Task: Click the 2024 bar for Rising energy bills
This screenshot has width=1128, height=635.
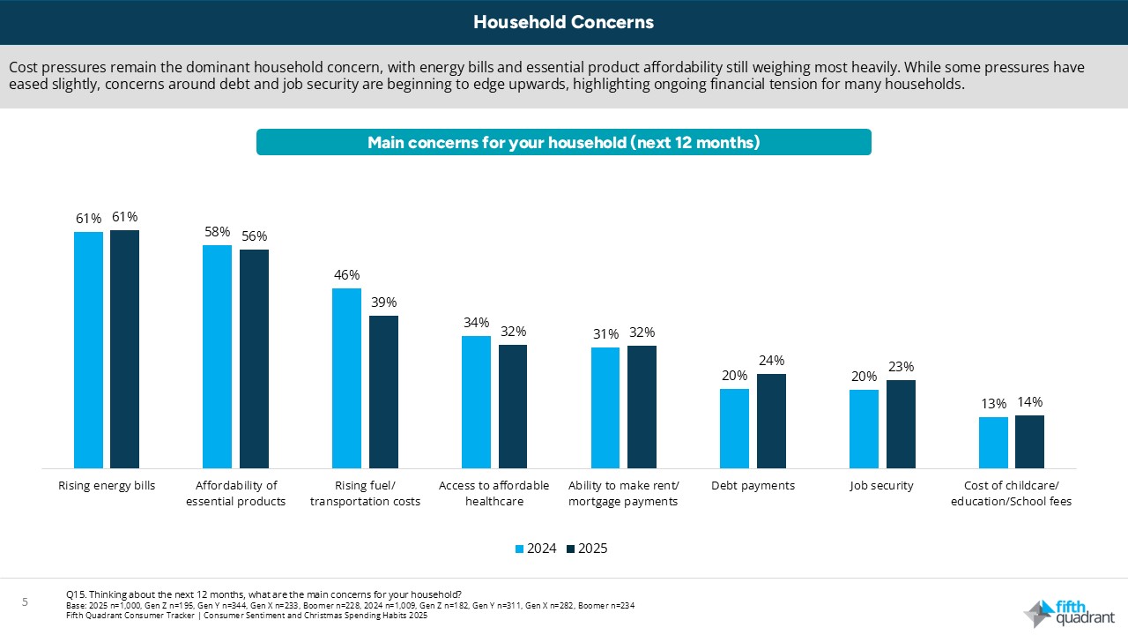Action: (x=88, y=349)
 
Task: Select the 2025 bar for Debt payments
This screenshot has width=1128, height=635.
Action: (x=771, y=421)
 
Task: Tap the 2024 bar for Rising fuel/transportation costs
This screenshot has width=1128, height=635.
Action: (x=346, y=377)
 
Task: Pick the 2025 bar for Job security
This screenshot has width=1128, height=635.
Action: (x=901, y=423)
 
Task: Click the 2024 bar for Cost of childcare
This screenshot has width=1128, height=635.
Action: (x=993, y=442)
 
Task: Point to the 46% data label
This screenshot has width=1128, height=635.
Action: (x=346, y=275)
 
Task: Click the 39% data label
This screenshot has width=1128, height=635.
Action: (x=383, y=303)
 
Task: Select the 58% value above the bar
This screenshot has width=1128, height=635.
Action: (x=217, y=232)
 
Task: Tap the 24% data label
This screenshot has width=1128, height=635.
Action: (x=771, y=360)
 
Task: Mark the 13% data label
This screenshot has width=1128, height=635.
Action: (x=993, y=404)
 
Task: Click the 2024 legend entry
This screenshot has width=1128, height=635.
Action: (x=535, y=549)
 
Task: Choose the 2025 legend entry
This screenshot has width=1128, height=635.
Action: (x=586, y=549)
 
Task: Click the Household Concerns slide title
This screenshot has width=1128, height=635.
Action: (x=563, y=22)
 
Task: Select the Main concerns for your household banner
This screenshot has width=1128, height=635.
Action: (x=563, y=142)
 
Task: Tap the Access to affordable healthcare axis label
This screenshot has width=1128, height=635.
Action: (x=493, y=493)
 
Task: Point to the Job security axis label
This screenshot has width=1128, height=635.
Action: (x=881, y=486)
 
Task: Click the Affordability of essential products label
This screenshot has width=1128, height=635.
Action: (x=235, y=493)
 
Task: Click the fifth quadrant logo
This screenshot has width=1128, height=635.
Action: (x=1068, y=613)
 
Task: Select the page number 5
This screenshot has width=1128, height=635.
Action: (x=26, y=602)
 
